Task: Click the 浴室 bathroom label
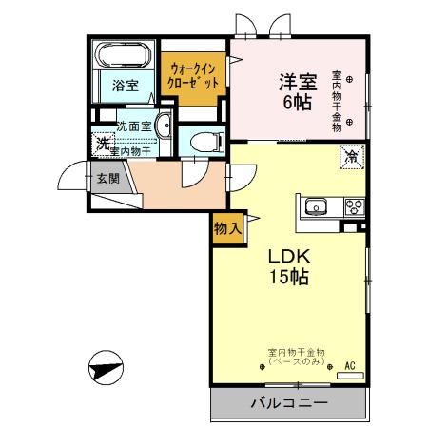click(125, 86)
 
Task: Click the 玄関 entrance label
click(107, 177)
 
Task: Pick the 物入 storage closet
click(226, 228)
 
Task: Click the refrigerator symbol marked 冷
click(351, 156)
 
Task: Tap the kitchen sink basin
click(317, 207)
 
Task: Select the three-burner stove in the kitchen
click(354, 207)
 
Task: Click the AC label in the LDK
click(349, 365)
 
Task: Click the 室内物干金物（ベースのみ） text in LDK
click(296, 357)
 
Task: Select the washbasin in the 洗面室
click(163, 125)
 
